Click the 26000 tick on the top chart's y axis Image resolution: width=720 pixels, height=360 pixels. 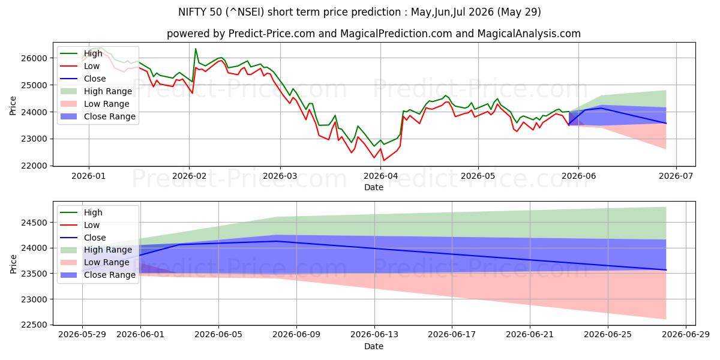(x=34, y=58)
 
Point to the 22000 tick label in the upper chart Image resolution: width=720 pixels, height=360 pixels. (x=34, y=166)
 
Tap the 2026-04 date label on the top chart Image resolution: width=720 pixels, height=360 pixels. (x=380, y=176)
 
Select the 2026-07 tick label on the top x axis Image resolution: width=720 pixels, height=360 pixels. (x=676, y=176)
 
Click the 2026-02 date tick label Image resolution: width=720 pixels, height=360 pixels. (x=190, y=176)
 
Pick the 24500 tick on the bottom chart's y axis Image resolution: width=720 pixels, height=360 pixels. (x=34, y=223)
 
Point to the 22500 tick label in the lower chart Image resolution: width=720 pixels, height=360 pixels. (x=34, y=325)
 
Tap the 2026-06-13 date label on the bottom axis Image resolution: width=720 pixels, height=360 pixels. (x=374, y=335)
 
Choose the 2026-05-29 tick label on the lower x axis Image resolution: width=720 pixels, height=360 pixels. (x=82, y=335)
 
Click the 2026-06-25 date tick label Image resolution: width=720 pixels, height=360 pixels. (x=608, y=335)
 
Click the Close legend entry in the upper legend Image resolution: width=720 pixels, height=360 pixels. (x=83, y=79)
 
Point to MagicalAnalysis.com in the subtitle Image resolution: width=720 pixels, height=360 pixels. (x=529, y=34)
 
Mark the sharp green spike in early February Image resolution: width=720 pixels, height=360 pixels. (x=196, y=49)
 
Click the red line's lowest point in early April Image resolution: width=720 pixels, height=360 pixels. (x=383, y=160)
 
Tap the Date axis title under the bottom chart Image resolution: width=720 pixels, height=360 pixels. (x=373, y=347)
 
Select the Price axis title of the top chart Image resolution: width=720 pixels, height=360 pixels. (x=13, y=106)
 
